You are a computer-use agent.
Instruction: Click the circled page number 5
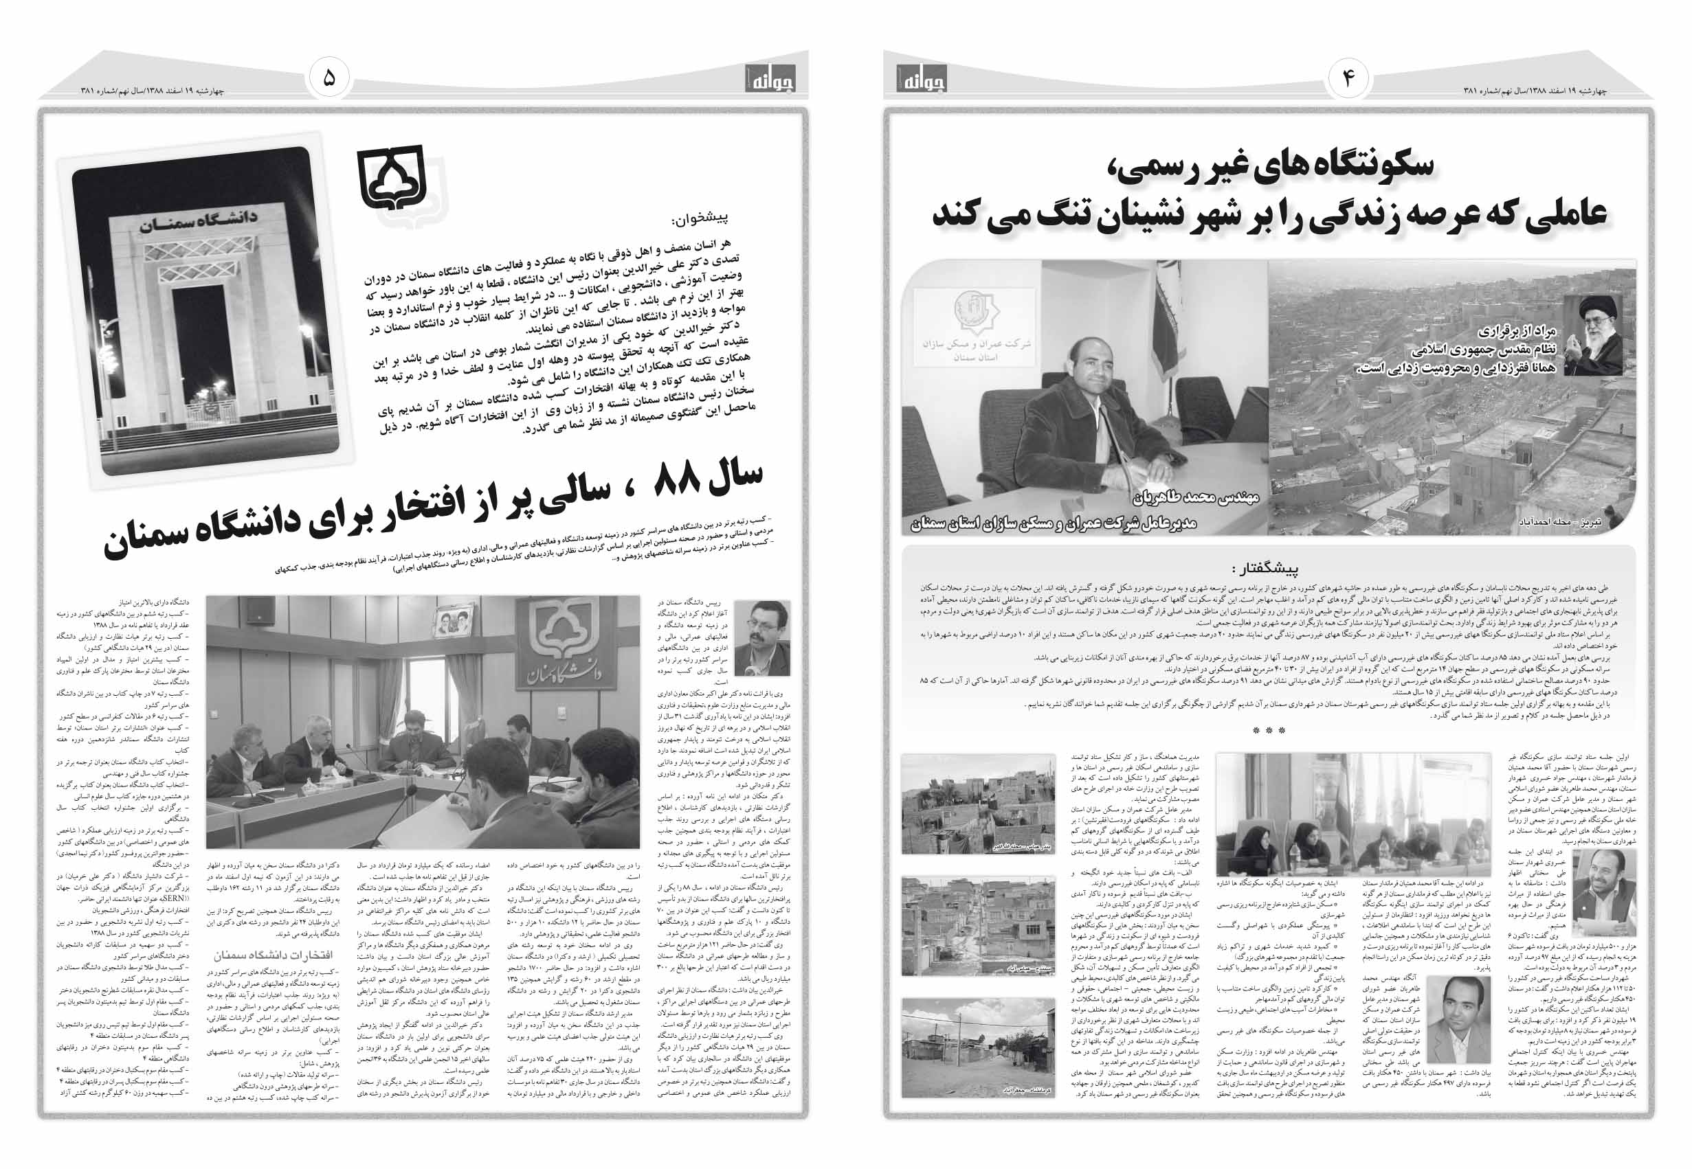(x=329, y=78)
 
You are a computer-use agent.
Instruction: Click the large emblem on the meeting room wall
(x=555, y=648)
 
